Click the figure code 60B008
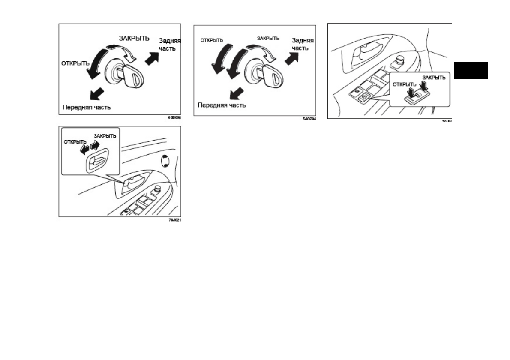click(175, 117)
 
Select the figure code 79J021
click(175, 220)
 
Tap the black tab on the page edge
click(471, 71)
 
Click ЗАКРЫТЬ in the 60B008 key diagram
click(134, 38)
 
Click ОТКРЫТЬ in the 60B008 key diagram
click(75, 63)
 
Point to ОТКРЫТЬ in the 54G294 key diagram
click(212, 40)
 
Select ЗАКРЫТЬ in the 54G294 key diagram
click(268, 38)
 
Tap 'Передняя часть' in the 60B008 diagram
click(86, 107)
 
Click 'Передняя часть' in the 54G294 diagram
click(221, 105)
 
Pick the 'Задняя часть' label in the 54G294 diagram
click(303, 44)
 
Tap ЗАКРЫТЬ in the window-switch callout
click(434, 78)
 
